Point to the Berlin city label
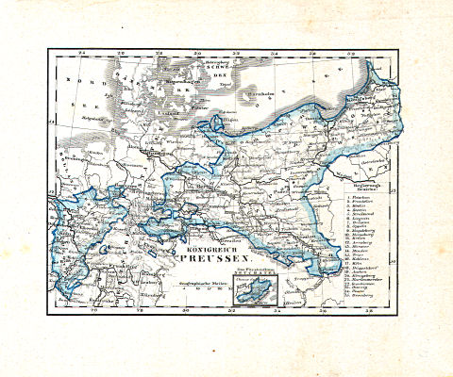coord(202,186)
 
